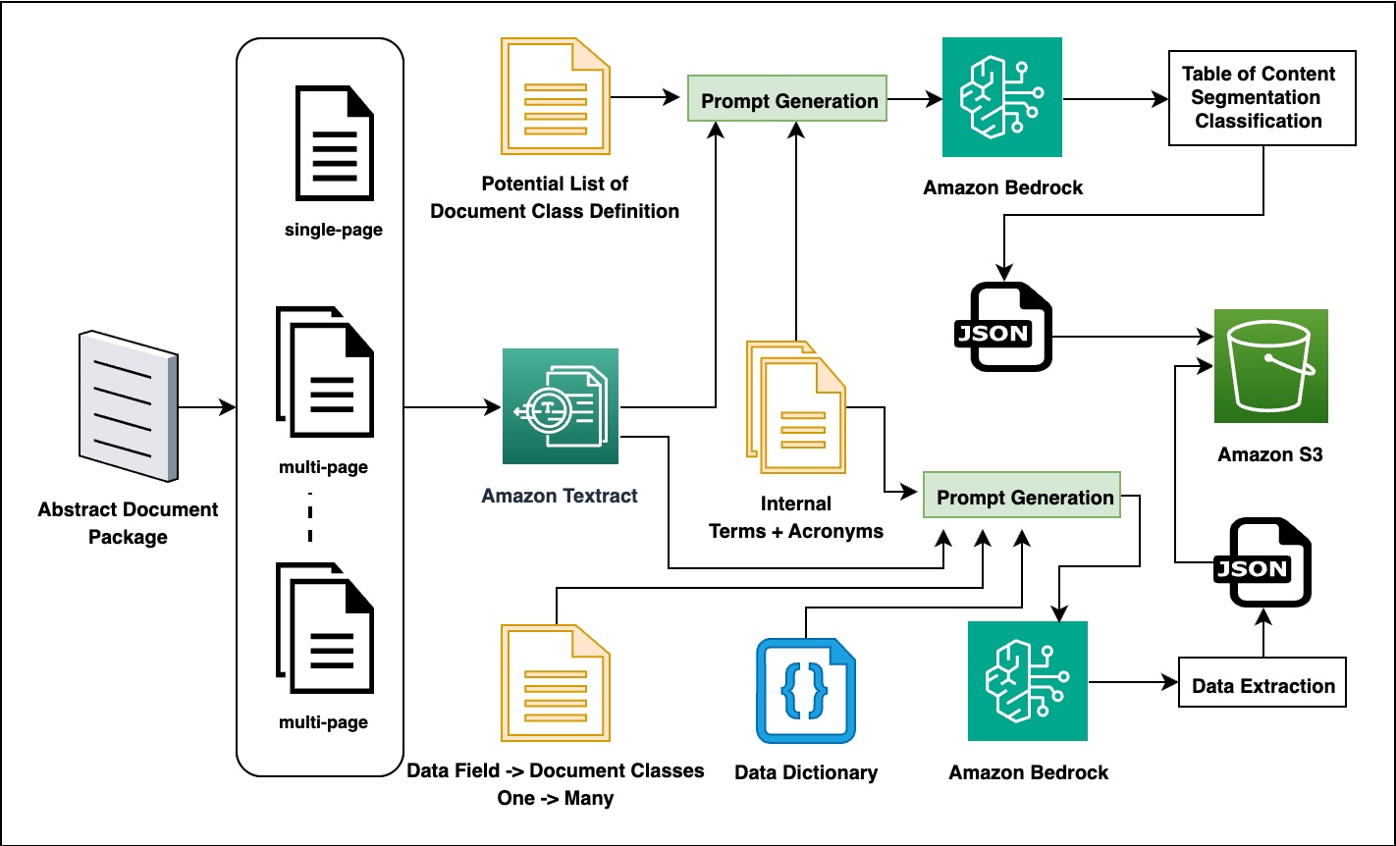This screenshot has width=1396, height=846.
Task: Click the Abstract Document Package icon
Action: [x=129, y=405]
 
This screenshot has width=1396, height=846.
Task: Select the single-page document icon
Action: [x=334, y=143]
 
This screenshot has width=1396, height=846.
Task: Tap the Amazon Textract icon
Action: [x=561, y=405]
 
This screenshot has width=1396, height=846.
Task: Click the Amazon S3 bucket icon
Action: [x=1270, y=366]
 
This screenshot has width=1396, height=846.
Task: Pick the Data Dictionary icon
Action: [x=805, y=691]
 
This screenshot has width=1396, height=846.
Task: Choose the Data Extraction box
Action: [x=1262, y=686]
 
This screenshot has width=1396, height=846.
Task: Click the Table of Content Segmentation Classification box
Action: [x=1262, y=97]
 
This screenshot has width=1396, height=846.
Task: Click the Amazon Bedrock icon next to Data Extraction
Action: [x=1027, y=680]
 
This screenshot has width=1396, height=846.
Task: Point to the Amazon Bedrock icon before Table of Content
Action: [x=1001, y=97]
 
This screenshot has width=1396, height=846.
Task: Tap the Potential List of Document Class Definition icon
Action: [x=554, y=96]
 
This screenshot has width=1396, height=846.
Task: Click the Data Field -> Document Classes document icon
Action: [x=556, y=687]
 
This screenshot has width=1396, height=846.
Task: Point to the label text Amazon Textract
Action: [x=560, y=496]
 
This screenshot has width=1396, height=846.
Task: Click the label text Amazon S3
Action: [x=1270, y=454]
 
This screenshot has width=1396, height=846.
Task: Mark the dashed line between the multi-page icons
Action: [x=310, y=515]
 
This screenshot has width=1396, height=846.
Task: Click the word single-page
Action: [x=334, y=231]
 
